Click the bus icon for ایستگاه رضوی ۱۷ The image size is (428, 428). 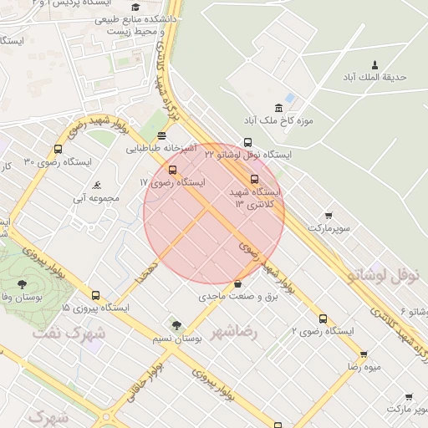(173, 170)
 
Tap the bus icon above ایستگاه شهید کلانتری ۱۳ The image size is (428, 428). (255, 179)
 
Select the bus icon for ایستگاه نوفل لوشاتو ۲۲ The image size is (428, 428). (247, 142)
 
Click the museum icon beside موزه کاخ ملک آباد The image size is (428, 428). (278, 108)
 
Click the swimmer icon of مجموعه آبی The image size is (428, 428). (99, 185)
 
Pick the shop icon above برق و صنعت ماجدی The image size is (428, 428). (239, 283)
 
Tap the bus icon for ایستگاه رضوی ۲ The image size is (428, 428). (323, 318)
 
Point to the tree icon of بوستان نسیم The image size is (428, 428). (175, 325)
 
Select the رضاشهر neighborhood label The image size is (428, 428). (235, 332)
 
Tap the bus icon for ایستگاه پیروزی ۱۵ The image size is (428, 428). (95, 295)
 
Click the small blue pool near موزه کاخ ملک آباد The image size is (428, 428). (290, 98)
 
